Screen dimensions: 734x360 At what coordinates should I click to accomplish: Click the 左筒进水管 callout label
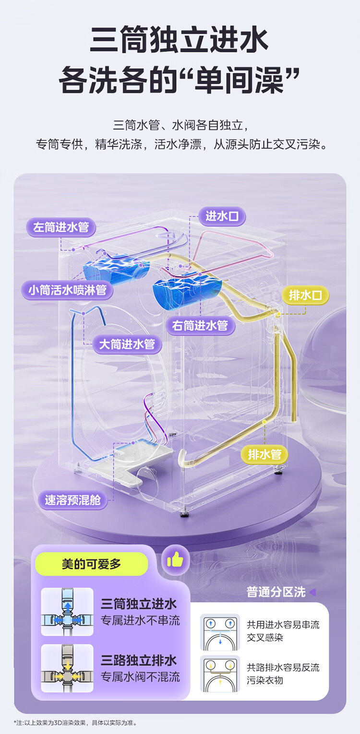click(x=61, y=227)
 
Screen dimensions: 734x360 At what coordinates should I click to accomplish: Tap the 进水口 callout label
click(x=222, y=216)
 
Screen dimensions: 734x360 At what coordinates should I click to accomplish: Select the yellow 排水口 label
click(x=305, y=296)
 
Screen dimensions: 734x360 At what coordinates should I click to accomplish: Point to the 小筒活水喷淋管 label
click(x=67, y=290)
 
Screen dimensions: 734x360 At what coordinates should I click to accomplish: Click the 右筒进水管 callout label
click(x=200, y=326)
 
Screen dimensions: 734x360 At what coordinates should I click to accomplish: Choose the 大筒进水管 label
click(x=127, y=344)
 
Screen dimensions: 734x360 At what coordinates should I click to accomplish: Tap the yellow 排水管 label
click(x=264, y=453)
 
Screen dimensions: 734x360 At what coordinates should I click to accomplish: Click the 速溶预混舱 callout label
click(x=72, y=500)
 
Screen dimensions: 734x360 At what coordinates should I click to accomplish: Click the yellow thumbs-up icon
click(x=175, y=559)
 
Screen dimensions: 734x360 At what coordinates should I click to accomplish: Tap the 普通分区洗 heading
click(x=276, y=592)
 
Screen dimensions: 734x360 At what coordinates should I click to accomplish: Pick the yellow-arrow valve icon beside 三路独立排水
click(x=67, y=668)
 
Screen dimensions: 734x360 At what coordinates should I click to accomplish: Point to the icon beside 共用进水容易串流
click(x=220, y=632)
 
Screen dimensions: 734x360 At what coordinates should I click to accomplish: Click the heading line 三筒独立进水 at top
click(x=179, y=42)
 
